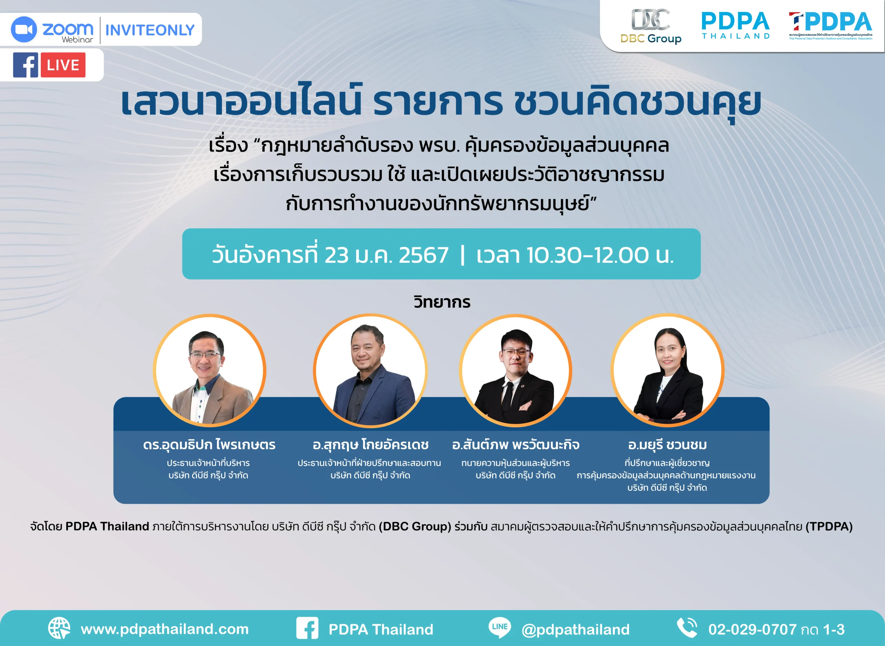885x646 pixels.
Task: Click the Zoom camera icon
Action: (x=24, y=29)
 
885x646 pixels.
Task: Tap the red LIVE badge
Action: (x=63, y=65)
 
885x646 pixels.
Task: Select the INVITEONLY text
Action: (x=150, y=30)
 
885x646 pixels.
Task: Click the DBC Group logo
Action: (x=651, y=26)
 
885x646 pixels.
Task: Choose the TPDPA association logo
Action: (x=830, y=26)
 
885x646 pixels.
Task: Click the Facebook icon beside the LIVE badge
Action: (x=26, y=65)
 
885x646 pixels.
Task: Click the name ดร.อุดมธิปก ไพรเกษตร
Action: (x=209, y=444)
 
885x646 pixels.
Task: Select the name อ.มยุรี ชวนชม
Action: (x=667, y=445)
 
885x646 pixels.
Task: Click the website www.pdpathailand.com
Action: (x=165, y=629)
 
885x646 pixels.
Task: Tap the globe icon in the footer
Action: (x=59, y=628)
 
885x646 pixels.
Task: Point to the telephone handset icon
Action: (x=687, y=628)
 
